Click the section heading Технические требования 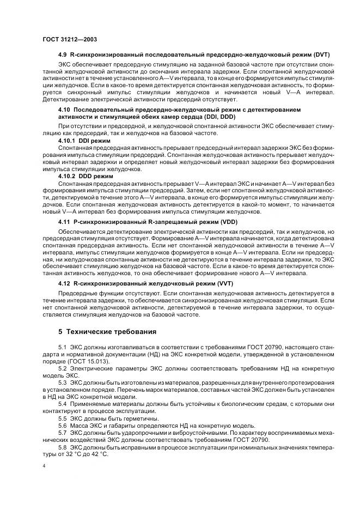(x=111, y=331)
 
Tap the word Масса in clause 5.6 (x=81, y=425)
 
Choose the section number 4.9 (x=63, y=55)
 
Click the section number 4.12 (x=64, y=283)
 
